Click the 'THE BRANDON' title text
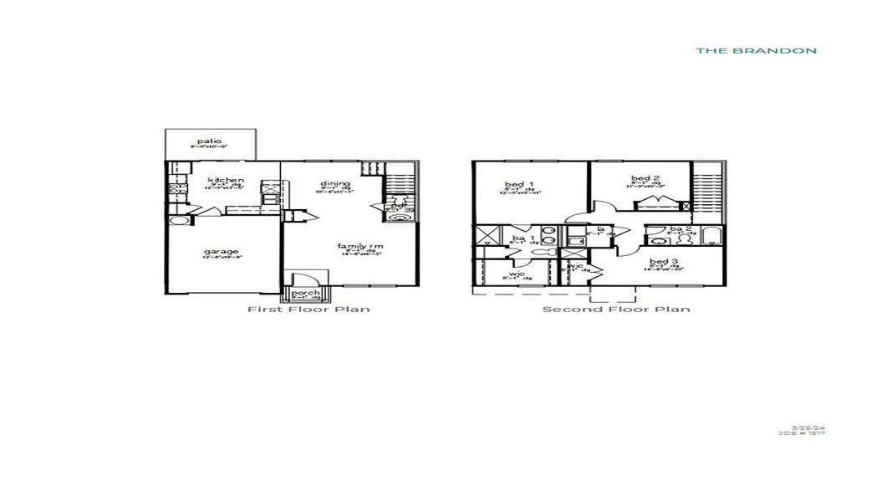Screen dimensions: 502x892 coord(756,50)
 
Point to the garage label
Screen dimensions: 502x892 coord(221,251)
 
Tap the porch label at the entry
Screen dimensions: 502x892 coord(305,293)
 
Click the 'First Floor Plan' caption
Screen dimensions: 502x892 coord(308,310)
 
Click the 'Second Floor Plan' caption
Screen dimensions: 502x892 coord(616,310)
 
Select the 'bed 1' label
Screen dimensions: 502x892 coord(514,184)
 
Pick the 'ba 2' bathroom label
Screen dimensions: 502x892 coord(680,228)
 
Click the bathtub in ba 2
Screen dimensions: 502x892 coord(711,236)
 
